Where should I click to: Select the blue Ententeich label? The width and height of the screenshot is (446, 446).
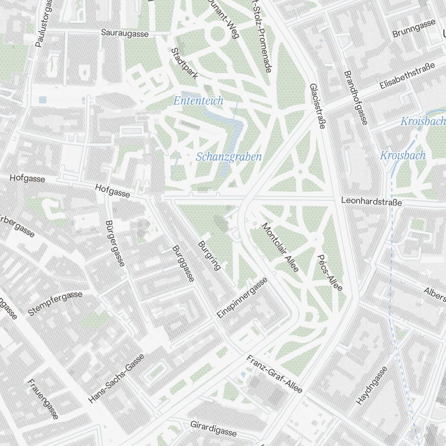[198, 101]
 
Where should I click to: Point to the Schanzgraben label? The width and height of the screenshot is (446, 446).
[228, 157]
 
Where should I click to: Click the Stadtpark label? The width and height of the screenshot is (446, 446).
[185, 64]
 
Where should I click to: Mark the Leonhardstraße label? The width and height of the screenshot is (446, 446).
[372, 202]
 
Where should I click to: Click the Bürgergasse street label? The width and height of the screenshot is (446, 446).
[115, 244]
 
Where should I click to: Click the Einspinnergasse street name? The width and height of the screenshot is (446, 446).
[242, 297]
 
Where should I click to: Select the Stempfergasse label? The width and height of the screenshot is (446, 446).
[55, 304]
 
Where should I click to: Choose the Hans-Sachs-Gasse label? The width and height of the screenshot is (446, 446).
[116, 378]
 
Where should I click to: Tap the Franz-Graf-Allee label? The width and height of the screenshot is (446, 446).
[274, 374]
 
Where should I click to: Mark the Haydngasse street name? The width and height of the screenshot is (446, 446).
[371, 385]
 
